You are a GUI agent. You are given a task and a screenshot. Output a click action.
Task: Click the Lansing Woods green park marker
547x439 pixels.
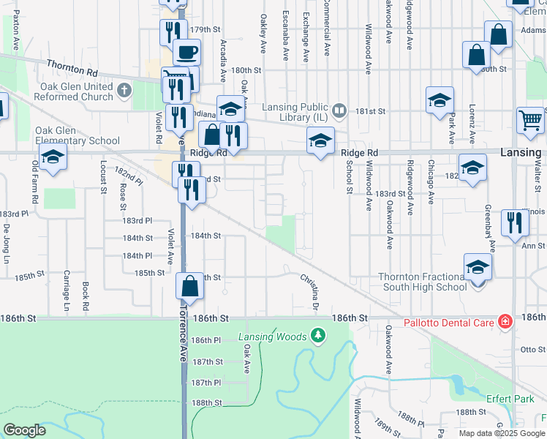[317, 336]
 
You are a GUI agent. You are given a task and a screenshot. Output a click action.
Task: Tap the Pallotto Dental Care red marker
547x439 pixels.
[505, 321]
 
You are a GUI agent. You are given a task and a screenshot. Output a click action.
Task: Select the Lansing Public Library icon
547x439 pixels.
[339, 110]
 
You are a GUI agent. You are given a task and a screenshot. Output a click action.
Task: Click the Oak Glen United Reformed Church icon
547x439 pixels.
[124, 91]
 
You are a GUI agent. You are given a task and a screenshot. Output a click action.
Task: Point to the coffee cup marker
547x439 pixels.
[186, 53]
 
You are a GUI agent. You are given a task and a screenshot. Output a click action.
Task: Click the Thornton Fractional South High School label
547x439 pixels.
[422, 282]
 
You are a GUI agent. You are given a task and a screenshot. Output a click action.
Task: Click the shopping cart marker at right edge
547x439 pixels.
[530, 121]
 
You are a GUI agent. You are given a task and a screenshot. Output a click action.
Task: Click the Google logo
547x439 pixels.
[24, 430]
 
